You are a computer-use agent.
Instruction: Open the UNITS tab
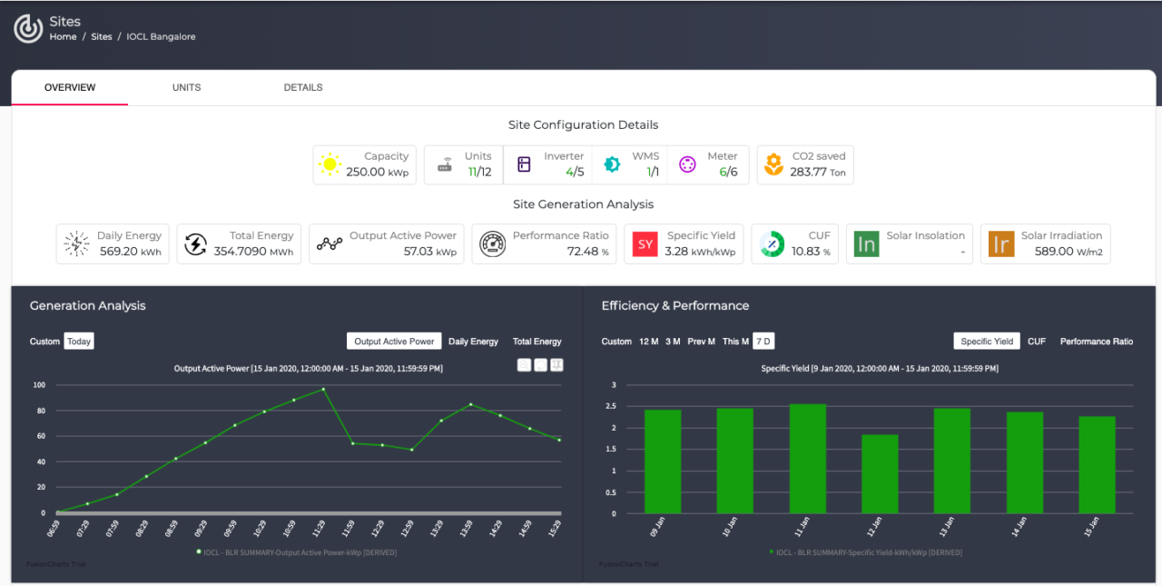click(x=186, y=88)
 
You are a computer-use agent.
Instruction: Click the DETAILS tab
click(x=303, y=88)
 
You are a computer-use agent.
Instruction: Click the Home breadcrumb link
click(x=63, y=37)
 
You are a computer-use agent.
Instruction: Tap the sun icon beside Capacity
click(x=330, y=164)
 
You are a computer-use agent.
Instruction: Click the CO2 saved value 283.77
click(x=808, y=172)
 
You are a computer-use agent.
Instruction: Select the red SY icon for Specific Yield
click(x=645, y=243)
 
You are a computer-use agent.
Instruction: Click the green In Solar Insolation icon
click(x=866, y=243)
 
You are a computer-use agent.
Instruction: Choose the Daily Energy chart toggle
click(x=473, y=342)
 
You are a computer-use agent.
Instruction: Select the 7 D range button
click(x=763, y=342)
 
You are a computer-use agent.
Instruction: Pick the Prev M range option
click(x=701, y=342)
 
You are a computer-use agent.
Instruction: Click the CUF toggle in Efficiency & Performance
click(x=1036, y=342)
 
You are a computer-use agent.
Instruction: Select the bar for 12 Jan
click(x=880, y=473)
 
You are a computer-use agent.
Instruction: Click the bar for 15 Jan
click(x=1097, y=464)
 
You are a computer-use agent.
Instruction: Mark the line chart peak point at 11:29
click(x=323, y=389)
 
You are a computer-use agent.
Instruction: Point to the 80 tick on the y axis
click(x=39, y=411)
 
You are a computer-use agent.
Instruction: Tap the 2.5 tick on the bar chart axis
click(x=612, y=406)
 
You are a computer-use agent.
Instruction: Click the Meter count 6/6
click(x=728, y=172)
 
